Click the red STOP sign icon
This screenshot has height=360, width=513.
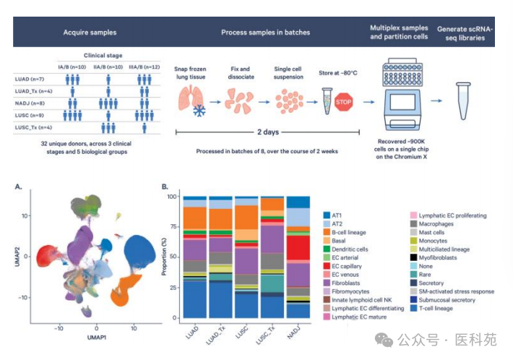point(343,102)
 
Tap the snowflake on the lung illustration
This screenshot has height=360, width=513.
point(199,111)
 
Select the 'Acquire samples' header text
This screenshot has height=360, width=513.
point(90,33)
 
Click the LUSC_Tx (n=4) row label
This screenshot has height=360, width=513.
point(33,127)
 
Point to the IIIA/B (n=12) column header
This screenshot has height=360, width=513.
point(145,67)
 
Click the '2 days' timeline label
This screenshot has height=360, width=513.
point(268,132)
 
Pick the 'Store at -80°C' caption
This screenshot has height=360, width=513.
point(338,73)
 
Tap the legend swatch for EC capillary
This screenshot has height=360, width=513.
point(327,266)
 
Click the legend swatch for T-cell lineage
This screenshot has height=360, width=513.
point(413,308)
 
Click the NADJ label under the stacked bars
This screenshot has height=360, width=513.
point(293,333)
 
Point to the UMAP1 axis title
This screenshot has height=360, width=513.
point(97,337)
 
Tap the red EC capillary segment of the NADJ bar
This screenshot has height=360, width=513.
point(298,248)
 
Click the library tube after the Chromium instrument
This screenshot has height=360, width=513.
point(463,101)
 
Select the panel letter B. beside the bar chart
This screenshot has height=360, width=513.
point(165,187)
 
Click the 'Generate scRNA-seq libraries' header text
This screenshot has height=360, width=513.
point(465,33)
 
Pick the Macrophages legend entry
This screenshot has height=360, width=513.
point(432,224)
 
